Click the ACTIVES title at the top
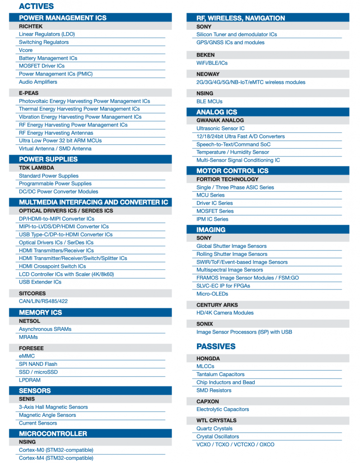36,6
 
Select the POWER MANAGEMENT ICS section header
62,18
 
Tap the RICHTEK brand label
31,26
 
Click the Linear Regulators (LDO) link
47,34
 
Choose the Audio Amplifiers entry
38,82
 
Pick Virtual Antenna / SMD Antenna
55,149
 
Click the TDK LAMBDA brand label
36,168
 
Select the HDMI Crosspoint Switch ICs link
52,266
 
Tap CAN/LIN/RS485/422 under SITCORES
43,301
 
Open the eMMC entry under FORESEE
27,356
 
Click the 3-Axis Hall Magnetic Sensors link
53,407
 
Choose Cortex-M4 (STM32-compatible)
56,458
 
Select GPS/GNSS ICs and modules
230,43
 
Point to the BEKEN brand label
206,55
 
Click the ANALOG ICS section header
216,112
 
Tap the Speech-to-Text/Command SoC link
234,145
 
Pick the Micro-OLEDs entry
212,294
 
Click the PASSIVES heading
216,346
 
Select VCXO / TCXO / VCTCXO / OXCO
235,444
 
